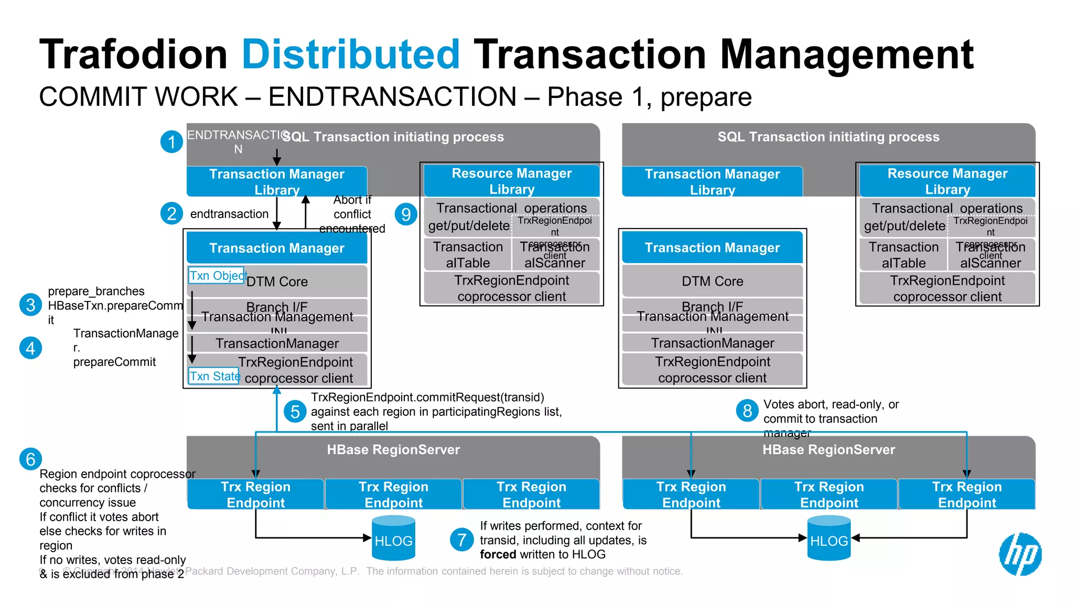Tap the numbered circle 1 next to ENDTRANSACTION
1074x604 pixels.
coord(171,142)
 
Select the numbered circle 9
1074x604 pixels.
coord(406,214)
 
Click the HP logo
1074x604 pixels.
coord(1020,554)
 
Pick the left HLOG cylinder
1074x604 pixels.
coord(393,538)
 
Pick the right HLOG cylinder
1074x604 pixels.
coord(829,538)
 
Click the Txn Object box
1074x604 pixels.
coord(217,275)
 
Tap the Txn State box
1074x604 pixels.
coord(214,376)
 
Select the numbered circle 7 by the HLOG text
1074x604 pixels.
coord(461,540)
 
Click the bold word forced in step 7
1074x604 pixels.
coord(498,555)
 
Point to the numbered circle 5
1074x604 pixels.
coord(295,412)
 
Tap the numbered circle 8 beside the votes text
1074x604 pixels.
coord(747,411)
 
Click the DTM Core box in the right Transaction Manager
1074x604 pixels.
coord(712,282)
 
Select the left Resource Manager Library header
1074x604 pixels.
coord(511,181)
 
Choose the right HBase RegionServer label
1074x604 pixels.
coord(829,450)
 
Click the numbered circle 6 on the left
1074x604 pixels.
coord(30,459)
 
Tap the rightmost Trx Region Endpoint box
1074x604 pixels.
coord(966,494)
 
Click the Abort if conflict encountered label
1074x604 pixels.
coord(352,214)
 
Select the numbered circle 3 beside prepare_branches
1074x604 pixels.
coord(30,305)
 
